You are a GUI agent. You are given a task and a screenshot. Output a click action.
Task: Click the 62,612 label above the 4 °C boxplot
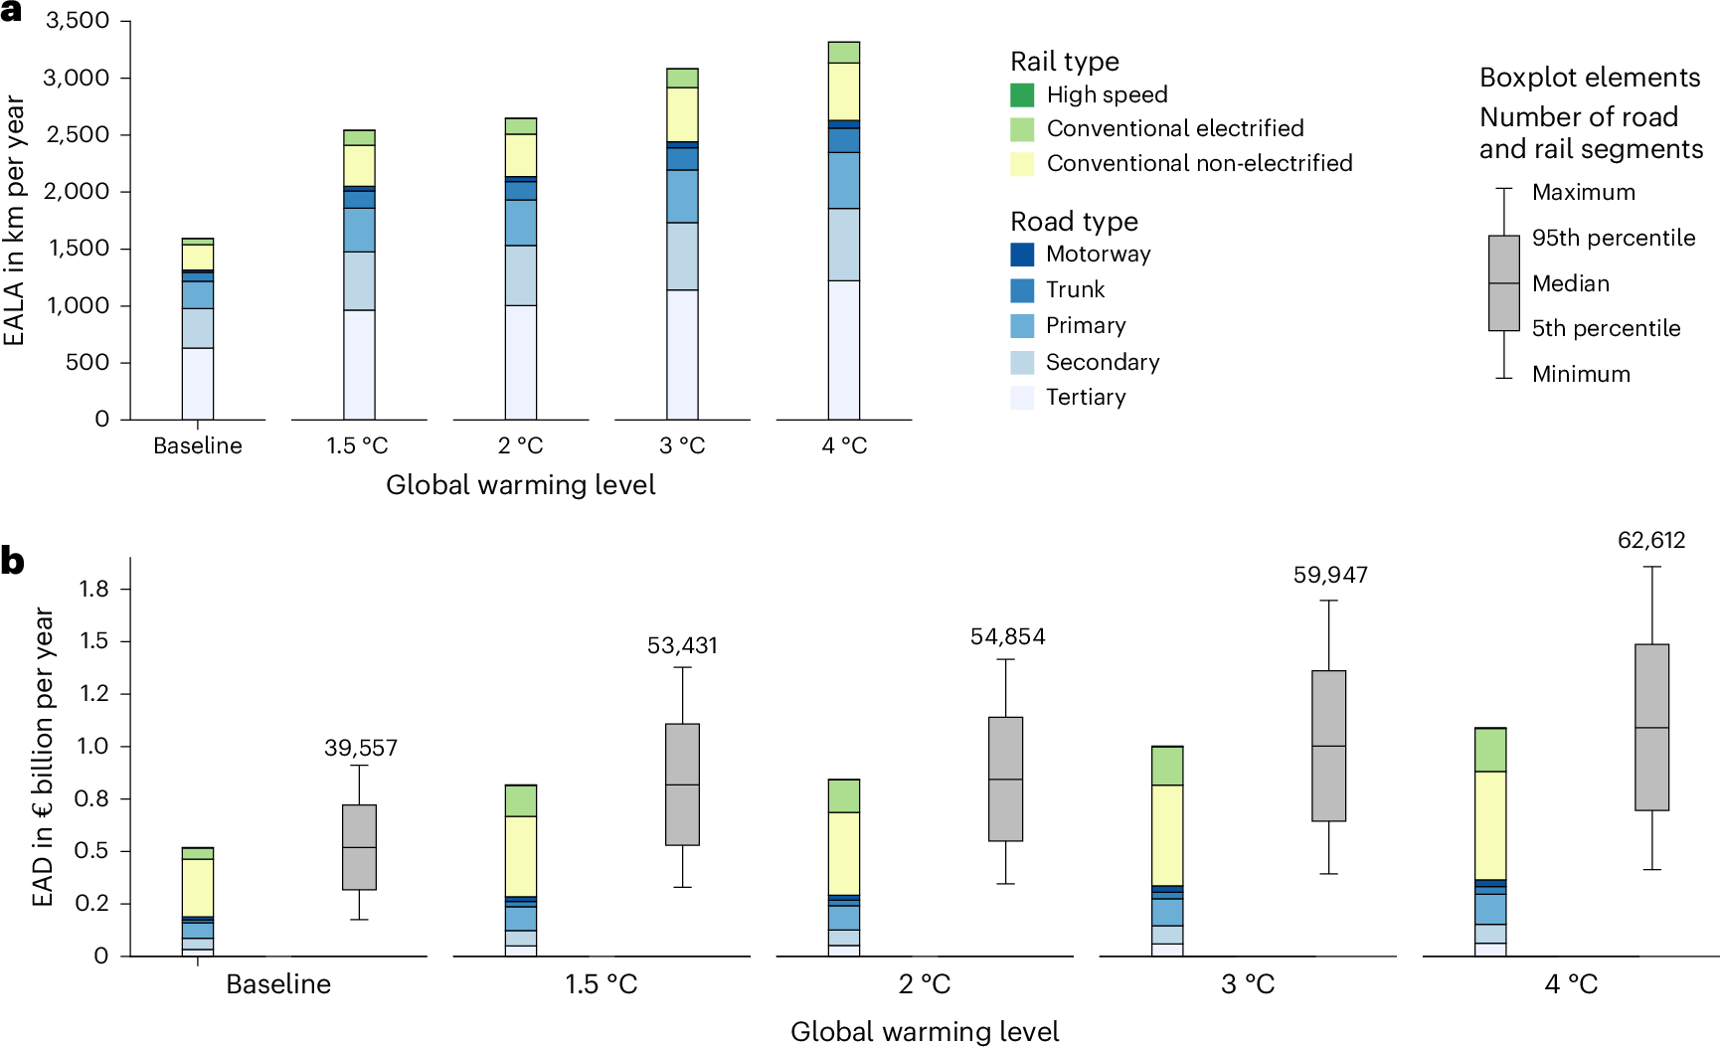[x=1651, y=540]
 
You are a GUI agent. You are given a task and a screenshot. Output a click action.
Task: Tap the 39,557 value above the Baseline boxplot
[x=360, y=748]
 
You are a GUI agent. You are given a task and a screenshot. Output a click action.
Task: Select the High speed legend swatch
[x=1022, y=95]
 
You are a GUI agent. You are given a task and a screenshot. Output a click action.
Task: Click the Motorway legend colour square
[x=1022, y=255]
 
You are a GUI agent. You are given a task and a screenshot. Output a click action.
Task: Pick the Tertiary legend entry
[x=1086, y=398]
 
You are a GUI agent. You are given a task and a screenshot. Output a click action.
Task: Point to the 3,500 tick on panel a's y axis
[x=78, y=21]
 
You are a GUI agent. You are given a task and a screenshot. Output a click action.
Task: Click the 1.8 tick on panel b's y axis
[x=93, y=589]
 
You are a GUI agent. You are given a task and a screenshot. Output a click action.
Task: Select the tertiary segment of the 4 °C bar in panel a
[x=844, y=349]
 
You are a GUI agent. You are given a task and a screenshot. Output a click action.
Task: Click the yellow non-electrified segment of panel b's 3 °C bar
[x=1167, y=834]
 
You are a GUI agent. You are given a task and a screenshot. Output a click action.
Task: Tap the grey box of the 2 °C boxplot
[x=1006, y=779]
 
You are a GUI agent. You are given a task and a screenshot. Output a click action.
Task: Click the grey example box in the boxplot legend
[x=1503, y=282]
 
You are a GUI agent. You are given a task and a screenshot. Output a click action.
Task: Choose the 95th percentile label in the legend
[x=1613, y=238]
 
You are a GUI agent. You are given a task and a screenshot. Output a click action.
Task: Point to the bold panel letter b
[x=13, y=562]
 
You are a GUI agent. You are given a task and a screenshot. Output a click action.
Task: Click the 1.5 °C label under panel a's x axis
[x=358, y=445]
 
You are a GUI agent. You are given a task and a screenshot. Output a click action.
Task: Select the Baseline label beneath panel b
[x=278, y=984]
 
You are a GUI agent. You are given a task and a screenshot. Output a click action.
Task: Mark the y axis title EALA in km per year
[x=15, y=220]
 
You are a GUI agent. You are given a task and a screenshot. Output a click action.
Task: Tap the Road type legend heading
[x=1074, y=221]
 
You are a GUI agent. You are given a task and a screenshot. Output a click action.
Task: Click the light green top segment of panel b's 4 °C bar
[x=1490, y=750]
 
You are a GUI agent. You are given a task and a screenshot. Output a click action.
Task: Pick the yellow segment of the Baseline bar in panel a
[x=198, y=257]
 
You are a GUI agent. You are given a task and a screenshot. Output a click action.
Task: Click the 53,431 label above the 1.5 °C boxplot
[x=682, y=645]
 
